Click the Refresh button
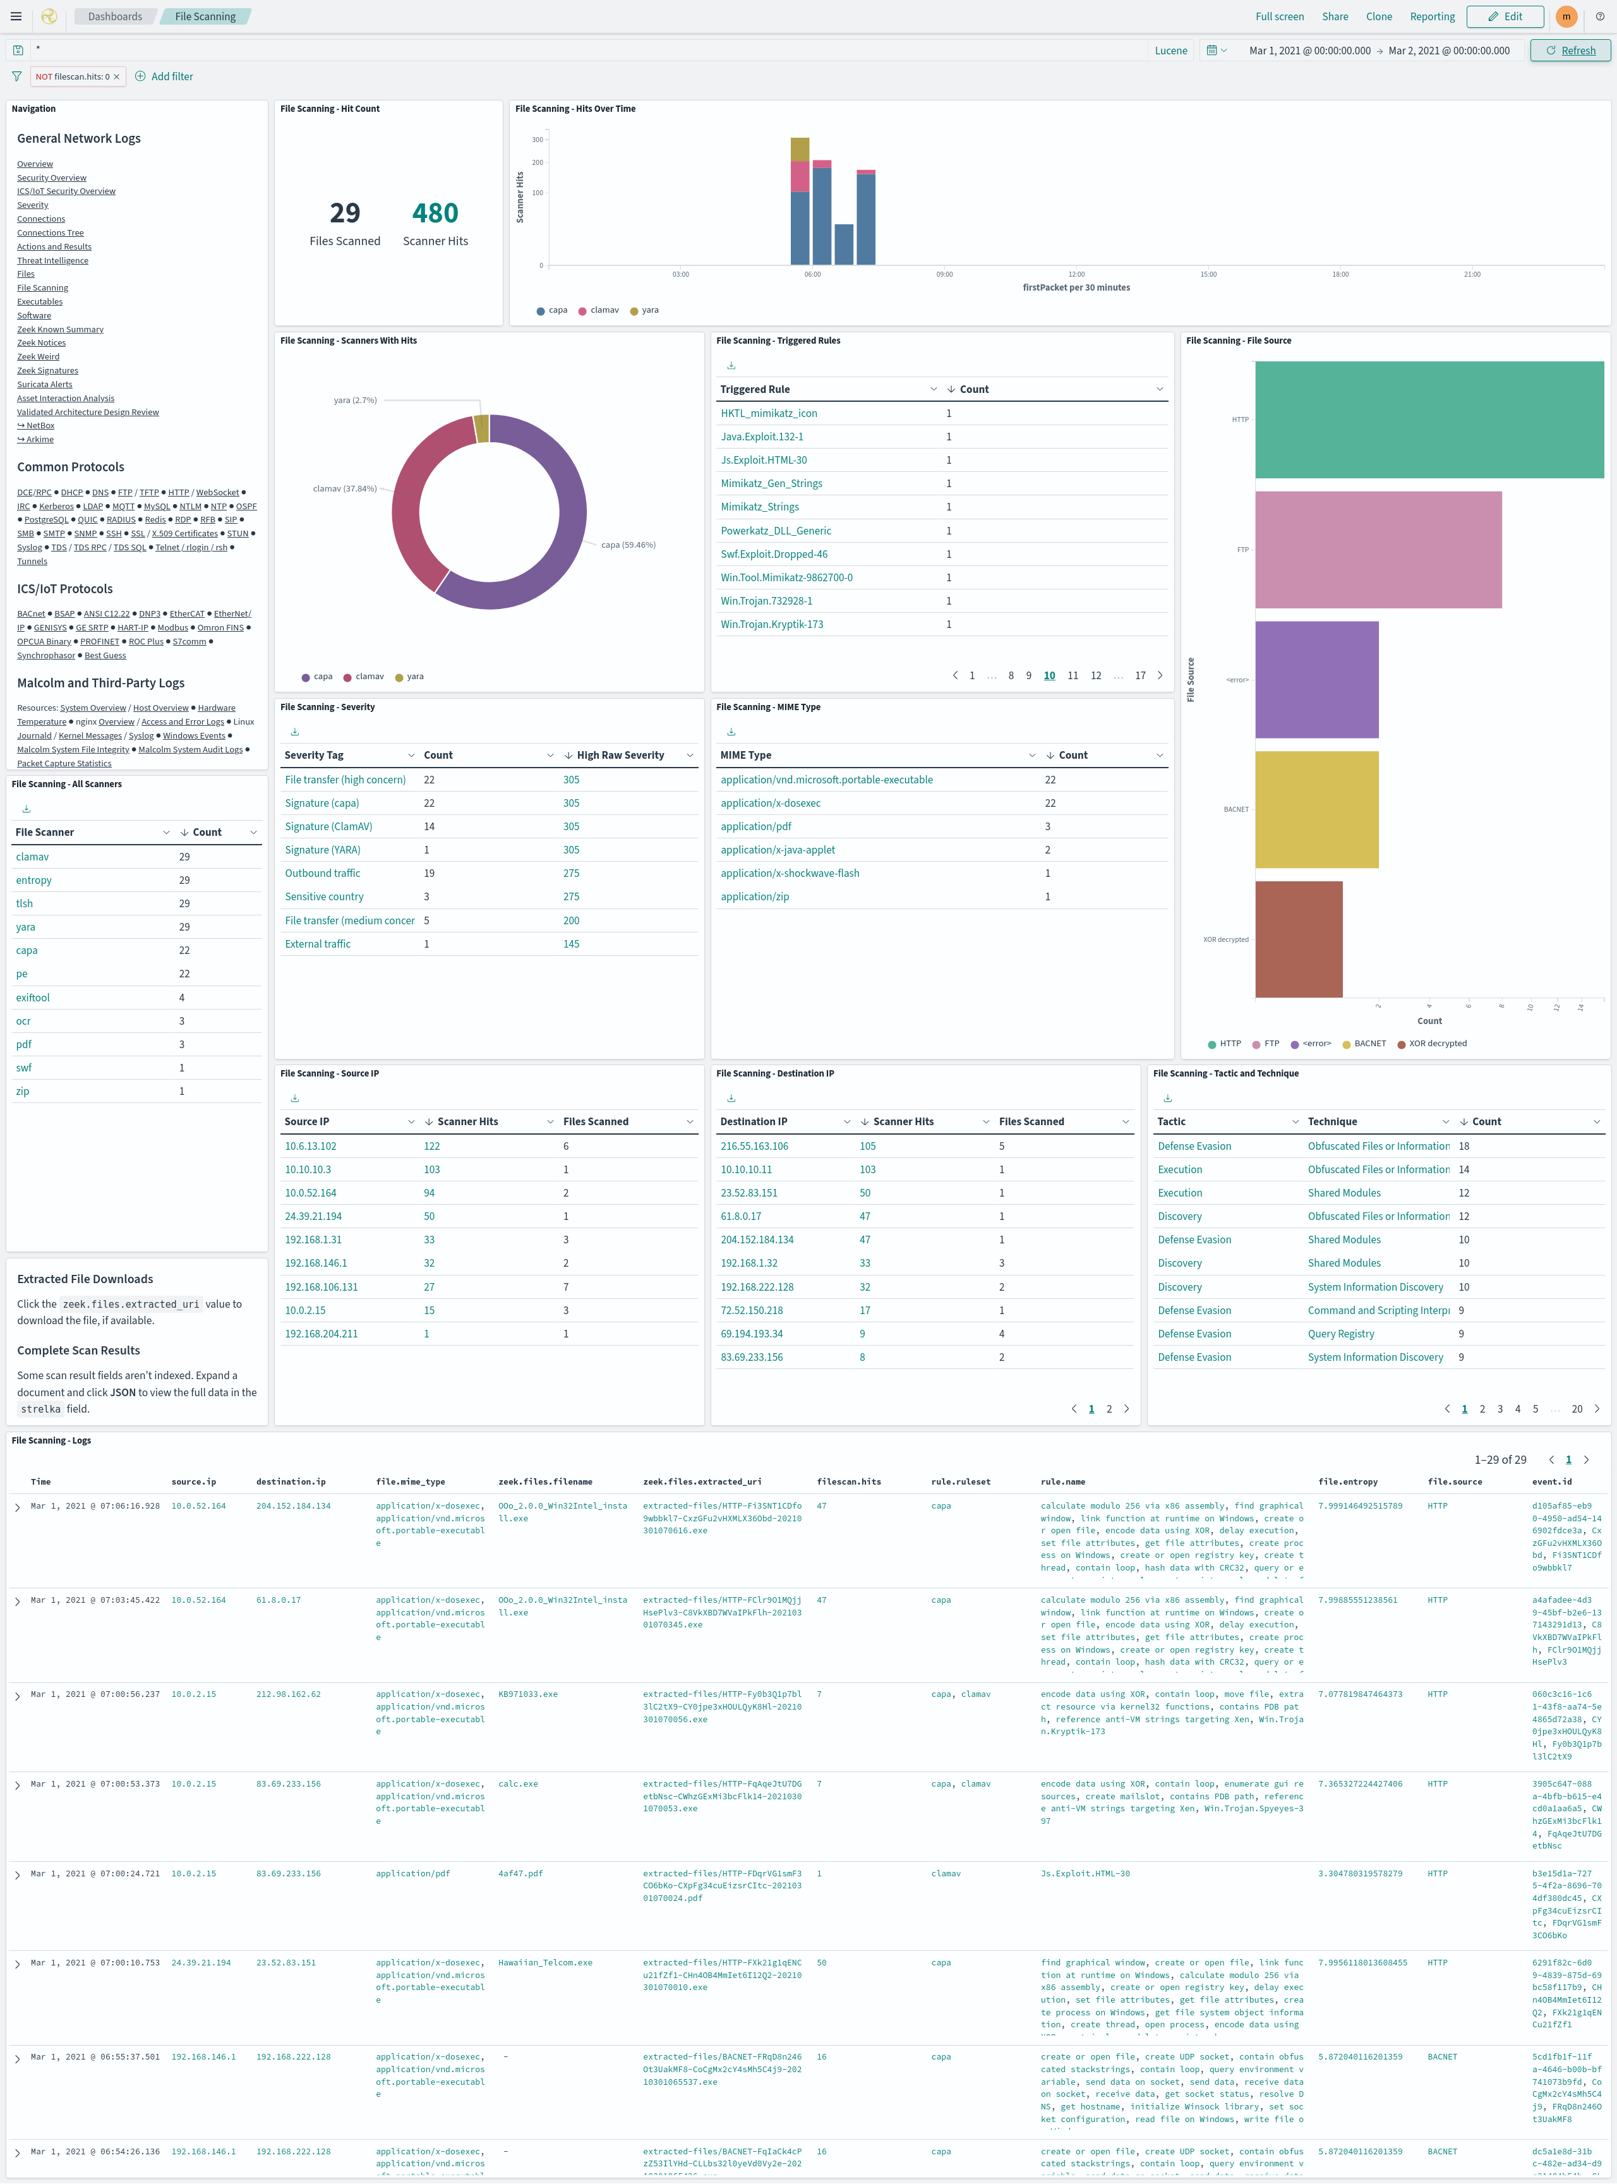point(1570,51)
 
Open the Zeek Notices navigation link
point(41,342)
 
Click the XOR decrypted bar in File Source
point(1298,939)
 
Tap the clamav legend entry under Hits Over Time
point(603,310)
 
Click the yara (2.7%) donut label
point(354,401)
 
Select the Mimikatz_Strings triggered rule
point(760,507)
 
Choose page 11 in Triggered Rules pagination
point(1073,675)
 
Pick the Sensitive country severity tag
point(324,896)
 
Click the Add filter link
point(171,76)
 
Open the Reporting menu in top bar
point(1431,16)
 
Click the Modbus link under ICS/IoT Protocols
point(172,627)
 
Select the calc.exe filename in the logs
point(518,1783)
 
